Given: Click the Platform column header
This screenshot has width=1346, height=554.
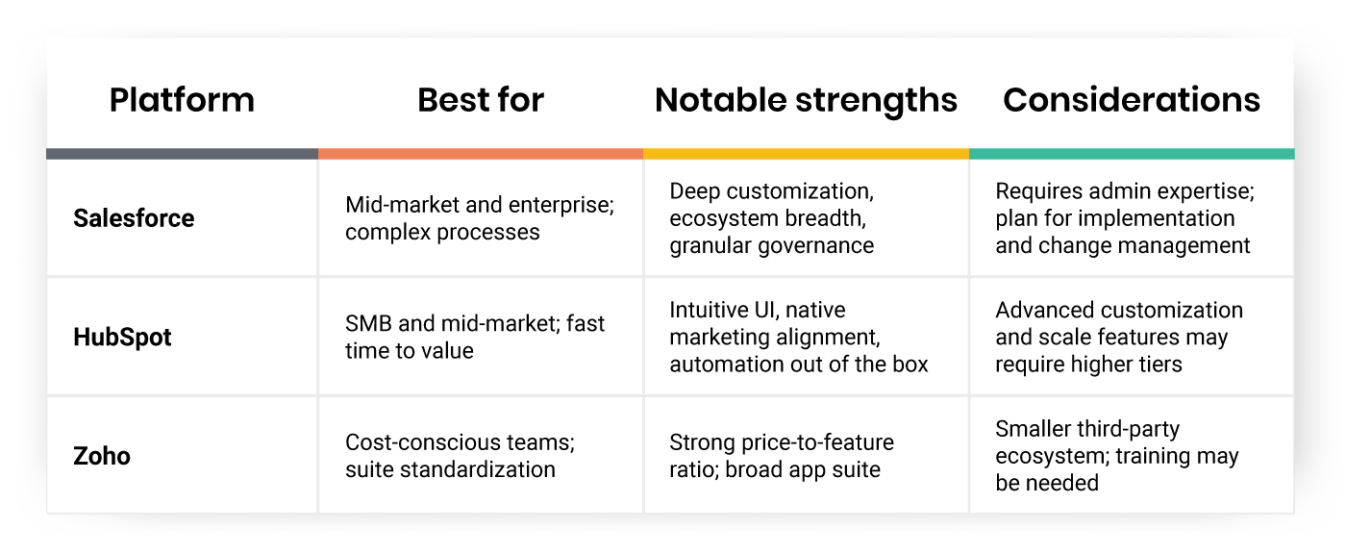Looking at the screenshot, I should click(x=182, y=100).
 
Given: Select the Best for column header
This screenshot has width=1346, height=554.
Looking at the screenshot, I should click(x=481, y=100).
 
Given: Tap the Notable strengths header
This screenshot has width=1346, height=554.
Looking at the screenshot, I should click(x=806, y=100).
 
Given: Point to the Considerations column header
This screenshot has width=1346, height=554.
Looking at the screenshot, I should click(x=1131, y=100).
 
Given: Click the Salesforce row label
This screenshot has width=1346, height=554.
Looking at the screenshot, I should click(x=134, y=218).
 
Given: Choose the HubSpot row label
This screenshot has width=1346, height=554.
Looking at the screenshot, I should click(x=122, y=338).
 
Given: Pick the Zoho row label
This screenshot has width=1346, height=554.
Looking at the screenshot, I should click(x=102, y=456).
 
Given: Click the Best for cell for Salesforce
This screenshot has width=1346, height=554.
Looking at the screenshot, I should click(x=479, y=218).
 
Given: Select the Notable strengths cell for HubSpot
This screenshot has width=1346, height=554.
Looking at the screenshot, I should click(x=799, y=338).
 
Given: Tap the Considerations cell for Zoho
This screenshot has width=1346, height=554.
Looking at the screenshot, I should click(x=1116, y=456).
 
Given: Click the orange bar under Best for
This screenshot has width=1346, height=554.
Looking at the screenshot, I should click(x=481, y=154).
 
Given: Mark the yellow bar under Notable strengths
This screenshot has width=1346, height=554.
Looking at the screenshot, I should click(x=806, y=154).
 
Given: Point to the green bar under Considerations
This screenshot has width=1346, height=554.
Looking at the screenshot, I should click(x=1131, y=154).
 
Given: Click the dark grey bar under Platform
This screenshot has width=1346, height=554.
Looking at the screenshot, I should click(x=182, y=154).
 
